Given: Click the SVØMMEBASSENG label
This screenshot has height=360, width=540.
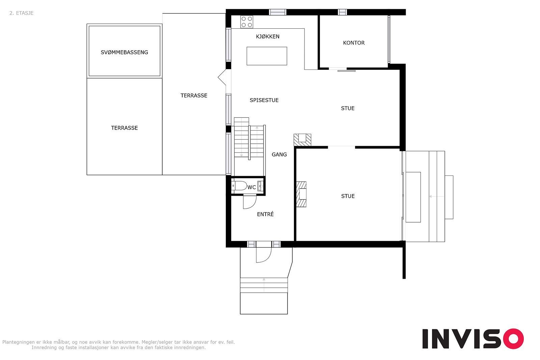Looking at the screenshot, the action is (x=125, y=52).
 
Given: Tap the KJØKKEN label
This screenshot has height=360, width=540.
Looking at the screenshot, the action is (x=268, y=36).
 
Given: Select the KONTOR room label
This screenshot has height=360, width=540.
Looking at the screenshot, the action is (x=354, y=43).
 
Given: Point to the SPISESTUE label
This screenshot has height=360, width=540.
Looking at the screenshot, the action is (x=264, y=100).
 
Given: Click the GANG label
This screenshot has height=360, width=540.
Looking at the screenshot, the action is (x=279, y=155).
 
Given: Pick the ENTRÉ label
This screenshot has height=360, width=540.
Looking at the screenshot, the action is (x=265, y=214).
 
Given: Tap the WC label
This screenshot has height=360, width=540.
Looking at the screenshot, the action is (x=252, y=187).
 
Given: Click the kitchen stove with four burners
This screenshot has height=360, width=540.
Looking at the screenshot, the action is (x=247, y=22).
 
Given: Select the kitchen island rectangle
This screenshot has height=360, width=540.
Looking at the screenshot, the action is (x=267, y=56).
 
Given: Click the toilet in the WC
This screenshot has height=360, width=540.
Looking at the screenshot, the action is (x=239, y=186).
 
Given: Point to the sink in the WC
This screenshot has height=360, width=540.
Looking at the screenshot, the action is (x=260, y=186).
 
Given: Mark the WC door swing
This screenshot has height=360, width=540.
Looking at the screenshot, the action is (x=249, y=202).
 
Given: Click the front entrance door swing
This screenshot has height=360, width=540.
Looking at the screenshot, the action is (x=264, y=255).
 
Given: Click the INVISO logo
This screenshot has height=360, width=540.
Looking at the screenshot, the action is (x=473, y=338).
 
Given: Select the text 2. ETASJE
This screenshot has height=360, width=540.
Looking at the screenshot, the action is (x=22, y=13).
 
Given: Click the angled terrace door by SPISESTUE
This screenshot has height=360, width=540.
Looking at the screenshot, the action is (x=222, y=77).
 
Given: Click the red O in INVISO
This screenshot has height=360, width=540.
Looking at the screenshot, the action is (x=513, y=338).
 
